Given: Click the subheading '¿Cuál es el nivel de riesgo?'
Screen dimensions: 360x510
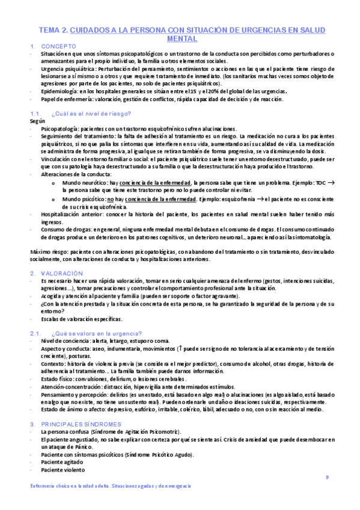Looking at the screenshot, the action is click(88, 113).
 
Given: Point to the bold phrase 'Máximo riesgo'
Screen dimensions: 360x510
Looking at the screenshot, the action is click(50, 251).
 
